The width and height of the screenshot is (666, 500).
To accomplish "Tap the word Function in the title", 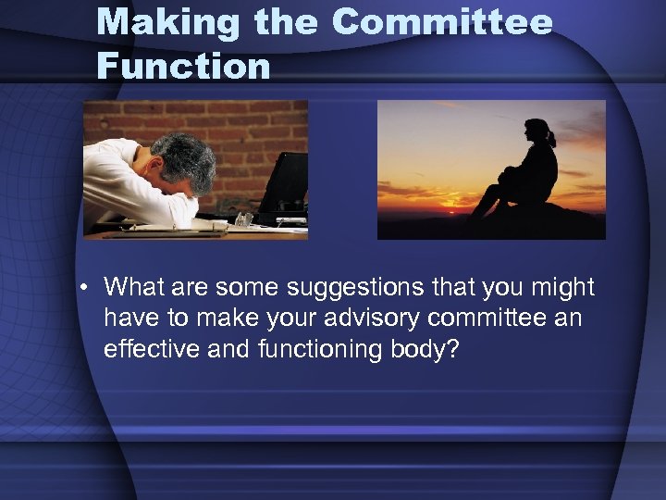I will [183, 66].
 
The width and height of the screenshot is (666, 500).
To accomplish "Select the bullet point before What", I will [84, 288].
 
